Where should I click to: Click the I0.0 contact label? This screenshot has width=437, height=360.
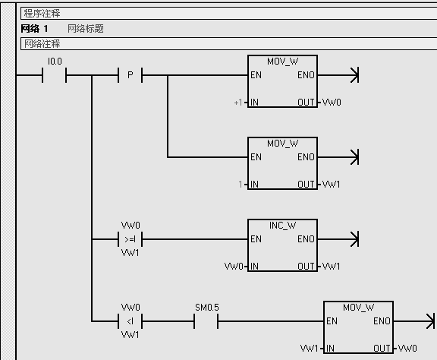coord(55,62)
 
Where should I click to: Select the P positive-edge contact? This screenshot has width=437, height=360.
coord(130,75)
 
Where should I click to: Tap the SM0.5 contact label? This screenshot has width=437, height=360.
coord(207,308)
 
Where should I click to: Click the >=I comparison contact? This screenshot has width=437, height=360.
coord(130,239)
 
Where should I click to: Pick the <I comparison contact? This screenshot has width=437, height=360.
coord(130,321)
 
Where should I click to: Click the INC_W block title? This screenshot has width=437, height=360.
coord(282,226)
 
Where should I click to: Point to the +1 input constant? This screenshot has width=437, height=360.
coord(238,103)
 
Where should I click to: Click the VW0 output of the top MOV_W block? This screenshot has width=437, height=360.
coord(332,103)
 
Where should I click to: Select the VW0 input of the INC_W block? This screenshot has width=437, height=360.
coord(234,267)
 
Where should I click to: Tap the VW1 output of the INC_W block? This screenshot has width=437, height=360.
coord(332,267)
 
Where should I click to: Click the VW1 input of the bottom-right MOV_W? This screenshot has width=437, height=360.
coord(309,349)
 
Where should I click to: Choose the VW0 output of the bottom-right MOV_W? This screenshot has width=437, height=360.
coord(407,349)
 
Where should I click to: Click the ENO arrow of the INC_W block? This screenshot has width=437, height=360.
coord(338,239)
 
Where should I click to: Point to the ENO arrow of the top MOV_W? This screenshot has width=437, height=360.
coord(338,75)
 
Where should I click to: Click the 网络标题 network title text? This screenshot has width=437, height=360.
coord(86,28)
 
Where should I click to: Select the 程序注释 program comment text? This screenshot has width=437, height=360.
coord(42,14)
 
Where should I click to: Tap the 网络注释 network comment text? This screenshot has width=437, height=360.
coord(42,44)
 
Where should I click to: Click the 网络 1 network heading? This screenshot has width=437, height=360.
coord(35,28)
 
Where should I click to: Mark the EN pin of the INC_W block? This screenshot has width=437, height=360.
coord(256,239)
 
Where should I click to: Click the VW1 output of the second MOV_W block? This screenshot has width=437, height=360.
coord(332,185)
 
